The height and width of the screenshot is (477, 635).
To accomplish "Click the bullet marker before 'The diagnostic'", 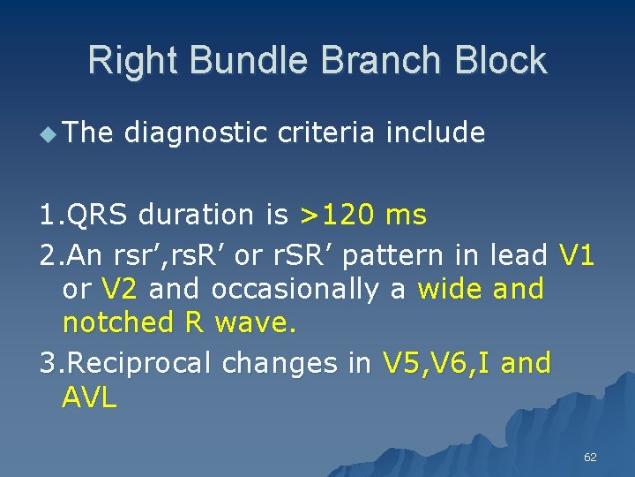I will coord(49,132).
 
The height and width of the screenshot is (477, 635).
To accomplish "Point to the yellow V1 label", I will coord(577,255).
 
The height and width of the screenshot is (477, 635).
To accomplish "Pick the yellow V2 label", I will coord(120,289).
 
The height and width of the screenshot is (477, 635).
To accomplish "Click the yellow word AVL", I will coord(89,397).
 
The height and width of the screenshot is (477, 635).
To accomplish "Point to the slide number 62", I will coord(590,457).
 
